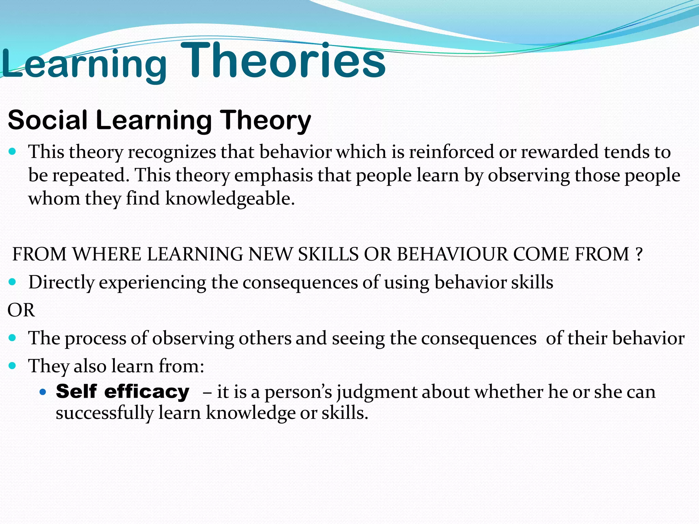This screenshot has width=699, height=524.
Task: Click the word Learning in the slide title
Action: point(84,65)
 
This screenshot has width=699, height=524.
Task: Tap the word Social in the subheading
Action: point(48,120)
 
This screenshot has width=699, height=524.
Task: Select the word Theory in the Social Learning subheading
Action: point(265,121)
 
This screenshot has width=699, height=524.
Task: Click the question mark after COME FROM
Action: point(639,254)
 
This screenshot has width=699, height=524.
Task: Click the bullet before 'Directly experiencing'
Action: point(13,282)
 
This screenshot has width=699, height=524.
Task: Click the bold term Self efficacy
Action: point(123,391)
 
